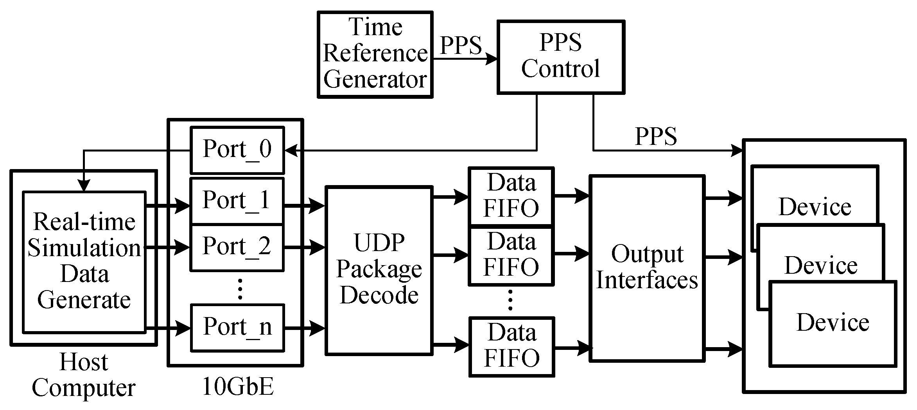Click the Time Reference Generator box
click(375, 54)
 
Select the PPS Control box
click(560, 57)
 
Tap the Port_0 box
click(237, 150)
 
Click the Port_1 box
click(237, 201)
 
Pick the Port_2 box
click(237, 247)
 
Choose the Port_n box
click(237, 327)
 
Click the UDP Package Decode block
click(379, 270)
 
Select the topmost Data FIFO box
click(511, 196)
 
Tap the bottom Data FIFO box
click(511, 346)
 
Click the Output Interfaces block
click(647, 268)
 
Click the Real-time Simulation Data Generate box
click(84, 262)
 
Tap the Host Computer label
click(84, 375)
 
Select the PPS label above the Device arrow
click(656, 137)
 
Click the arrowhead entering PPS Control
click(491, 59)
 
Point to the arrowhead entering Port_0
click(291, 150)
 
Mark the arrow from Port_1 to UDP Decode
click(304, 205)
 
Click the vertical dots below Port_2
click(240, 289)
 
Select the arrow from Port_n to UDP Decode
click(304, 328)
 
